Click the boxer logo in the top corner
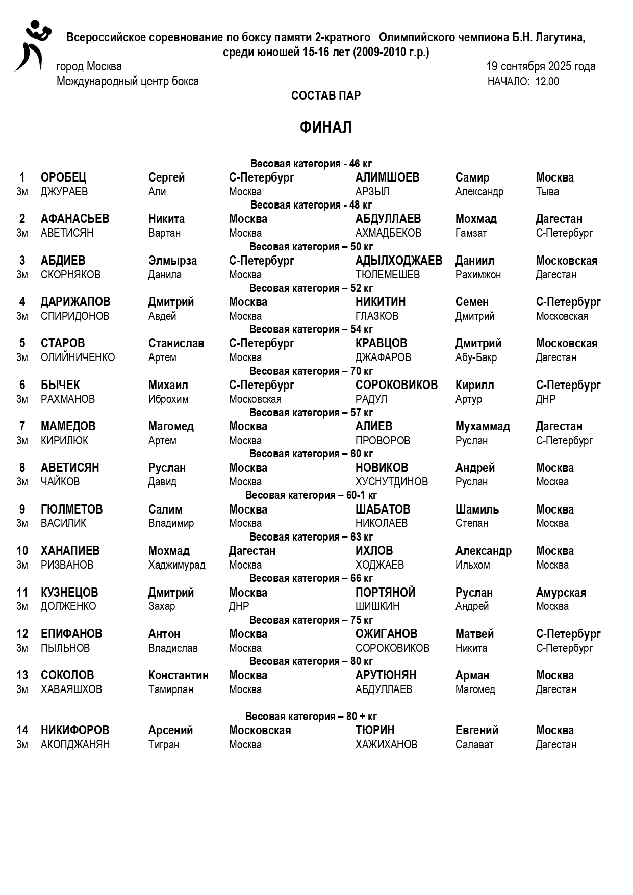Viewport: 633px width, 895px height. click(x=32, y=46)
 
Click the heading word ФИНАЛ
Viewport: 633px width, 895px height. click(x=325, y=127)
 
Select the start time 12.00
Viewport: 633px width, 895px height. click(x=547, y=82)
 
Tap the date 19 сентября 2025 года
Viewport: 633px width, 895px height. click(x=541, y=66)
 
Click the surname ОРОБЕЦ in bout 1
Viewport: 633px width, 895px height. click(x=63, y=177)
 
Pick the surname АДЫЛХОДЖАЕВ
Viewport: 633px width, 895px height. click(x=398, y=261)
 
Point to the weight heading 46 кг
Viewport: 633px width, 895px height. click(x=311, y=164)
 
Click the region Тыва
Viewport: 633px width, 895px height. click(x=547, y=192)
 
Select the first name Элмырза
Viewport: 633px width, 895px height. click(x=172, y=261)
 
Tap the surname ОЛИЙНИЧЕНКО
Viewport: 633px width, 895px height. click(x=78, y=357)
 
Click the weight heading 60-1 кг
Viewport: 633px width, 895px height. click(x=311, y=495)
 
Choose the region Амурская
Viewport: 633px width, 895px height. click(x=561, y=593)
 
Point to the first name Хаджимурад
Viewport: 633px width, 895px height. click(x=176, y=565)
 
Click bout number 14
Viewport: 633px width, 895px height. click(x=22, y=730)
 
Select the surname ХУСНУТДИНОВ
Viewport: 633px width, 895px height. click(x=391, y=482)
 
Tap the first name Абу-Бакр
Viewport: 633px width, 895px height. click(x=476, y=357)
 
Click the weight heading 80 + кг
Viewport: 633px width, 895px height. click(x=311, y=717)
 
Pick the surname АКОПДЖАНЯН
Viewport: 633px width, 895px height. click(x=75, y=745)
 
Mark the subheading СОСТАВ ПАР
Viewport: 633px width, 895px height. click(x=325, y=96)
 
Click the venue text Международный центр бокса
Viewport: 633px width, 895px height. click(x=128, y=82)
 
